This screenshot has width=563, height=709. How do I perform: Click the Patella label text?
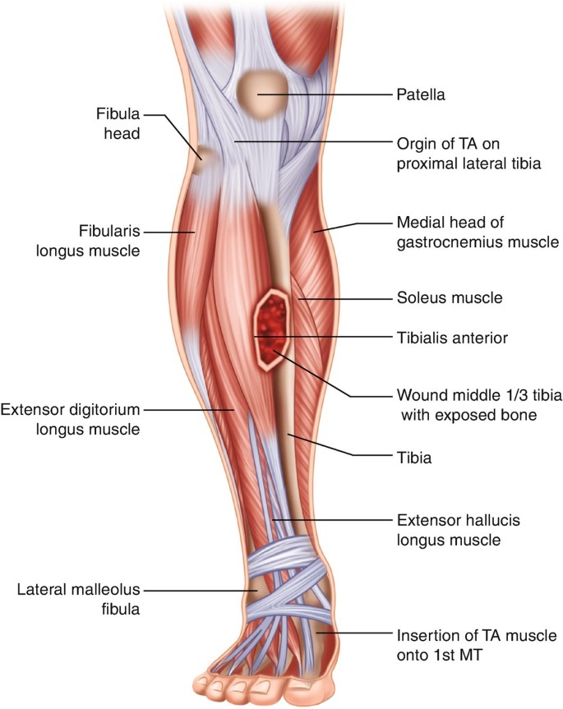pos(422,95)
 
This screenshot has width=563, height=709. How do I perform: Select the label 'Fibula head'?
pos(116,120)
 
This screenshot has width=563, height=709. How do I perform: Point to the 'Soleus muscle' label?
pos(449,297)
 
